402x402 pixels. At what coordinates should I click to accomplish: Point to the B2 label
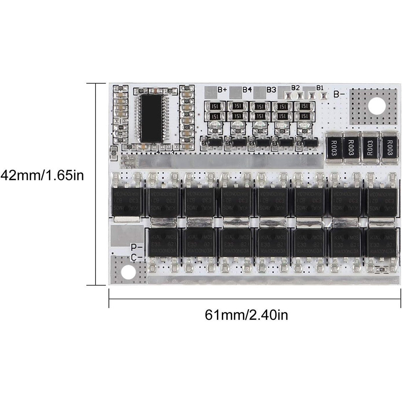pyautogui.click(x=296, y=88)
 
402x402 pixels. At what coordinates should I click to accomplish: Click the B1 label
pyautogui.click(x=320, y=88)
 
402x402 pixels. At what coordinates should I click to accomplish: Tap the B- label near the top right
pyautogui.click(x=339, y=93)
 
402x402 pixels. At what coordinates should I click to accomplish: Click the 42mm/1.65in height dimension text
pyautogui.click(x=42, y=175)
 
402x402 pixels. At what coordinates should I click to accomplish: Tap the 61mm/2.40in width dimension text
pyautogui.click(x=246, y=314)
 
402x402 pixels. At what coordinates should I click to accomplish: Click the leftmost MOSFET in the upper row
pyautogui.click(x=127, y=200)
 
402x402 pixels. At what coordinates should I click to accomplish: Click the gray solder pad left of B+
pyautogui.click(x=210, y=90)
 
